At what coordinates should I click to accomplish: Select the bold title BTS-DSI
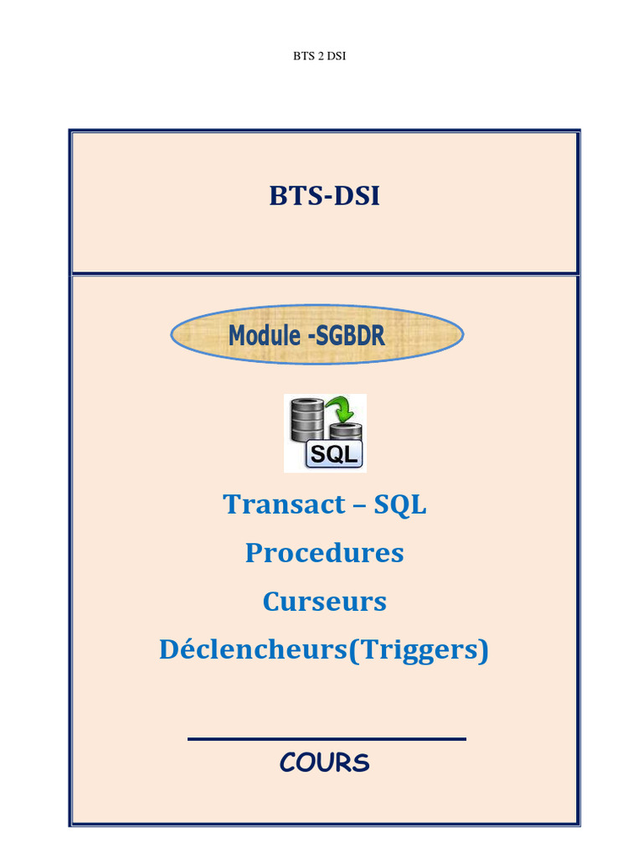(x=324, y=196)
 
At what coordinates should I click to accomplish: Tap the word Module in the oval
(x=265, y=336)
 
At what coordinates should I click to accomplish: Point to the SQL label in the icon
(x=335, y=454)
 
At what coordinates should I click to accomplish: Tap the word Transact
(x=273, y=504)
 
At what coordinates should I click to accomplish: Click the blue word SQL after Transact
(x=400, y=504)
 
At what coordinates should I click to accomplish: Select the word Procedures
(x=324, y=553)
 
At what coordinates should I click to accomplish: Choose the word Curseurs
(x=324, y=602)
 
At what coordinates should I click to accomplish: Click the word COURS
(x=324, y=763)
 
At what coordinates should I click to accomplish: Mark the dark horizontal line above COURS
(x=327, y=739)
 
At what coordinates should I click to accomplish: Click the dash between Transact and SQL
(x=360, y=506)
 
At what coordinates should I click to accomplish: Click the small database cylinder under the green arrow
(x=345, y=432)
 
